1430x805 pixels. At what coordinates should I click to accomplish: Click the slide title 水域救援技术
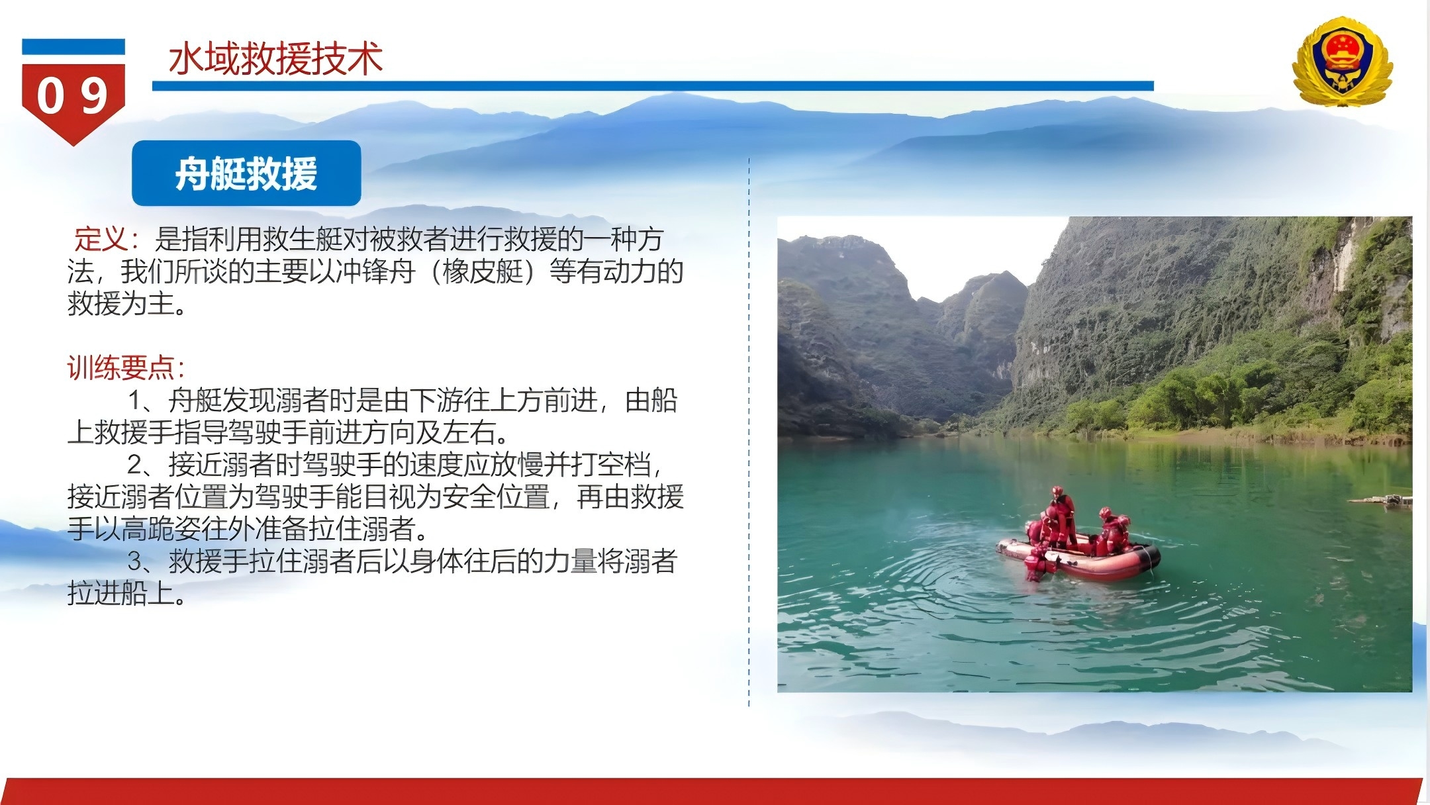(x=275, y=60)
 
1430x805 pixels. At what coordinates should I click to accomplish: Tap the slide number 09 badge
(x=73, y=93)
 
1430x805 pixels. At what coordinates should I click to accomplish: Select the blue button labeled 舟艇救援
(x=246, y=173)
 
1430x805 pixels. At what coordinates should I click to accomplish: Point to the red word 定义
(x=101, y=239)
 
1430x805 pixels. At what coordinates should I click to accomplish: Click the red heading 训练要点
(x=120, y=368)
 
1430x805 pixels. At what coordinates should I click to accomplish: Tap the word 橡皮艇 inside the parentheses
(x=483, y=271)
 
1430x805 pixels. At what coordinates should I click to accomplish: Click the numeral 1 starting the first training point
(x=135, y=401)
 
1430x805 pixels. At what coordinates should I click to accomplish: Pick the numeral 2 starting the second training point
(x=135, y=465)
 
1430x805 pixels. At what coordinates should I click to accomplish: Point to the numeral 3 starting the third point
(x=135, y=561)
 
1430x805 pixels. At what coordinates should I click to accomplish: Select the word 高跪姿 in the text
(x=161, y=529)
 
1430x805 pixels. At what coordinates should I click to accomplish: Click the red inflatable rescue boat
(x=1078, y=557)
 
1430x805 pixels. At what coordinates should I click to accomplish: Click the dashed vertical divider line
(x=749, y=432)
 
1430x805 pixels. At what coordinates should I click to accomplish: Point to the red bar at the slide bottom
(x=712, y=792)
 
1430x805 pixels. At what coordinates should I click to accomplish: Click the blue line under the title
(x=653, y=86)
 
